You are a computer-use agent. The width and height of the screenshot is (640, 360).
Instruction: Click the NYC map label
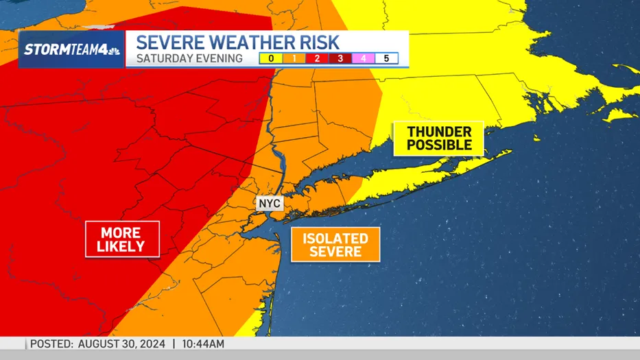270,204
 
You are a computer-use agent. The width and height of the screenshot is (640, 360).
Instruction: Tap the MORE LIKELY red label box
122,239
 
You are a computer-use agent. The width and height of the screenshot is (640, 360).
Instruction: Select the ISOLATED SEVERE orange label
335,245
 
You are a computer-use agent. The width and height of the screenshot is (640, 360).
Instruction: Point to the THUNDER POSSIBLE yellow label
439,139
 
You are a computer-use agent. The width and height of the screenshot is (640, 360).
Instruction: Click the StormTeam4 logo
72,49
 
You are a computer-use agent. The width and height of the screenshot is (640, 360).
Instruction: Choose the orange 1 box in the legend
294,58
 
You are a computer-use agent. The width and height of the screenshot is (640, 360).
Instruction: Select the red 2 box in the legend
317,58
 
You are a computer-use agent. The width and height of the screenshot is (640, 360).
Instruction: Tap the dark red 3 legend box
340,58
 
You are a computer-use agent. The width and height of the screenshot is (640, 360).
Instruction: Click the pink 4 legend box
364,58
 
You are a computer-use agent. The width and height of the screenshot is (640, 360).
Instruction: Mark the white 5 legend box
387,58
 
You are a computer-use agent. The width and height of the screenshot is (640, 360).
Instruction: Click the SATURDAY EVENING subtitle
189,58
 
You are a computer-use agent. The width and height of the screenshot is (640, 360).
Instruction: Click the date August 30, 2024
121,343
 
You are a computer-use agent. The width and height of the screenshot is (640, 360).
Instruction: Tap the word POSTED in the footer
51,343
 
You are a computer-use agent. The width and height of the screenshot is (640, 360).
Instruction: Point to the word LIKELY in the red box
121,246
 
